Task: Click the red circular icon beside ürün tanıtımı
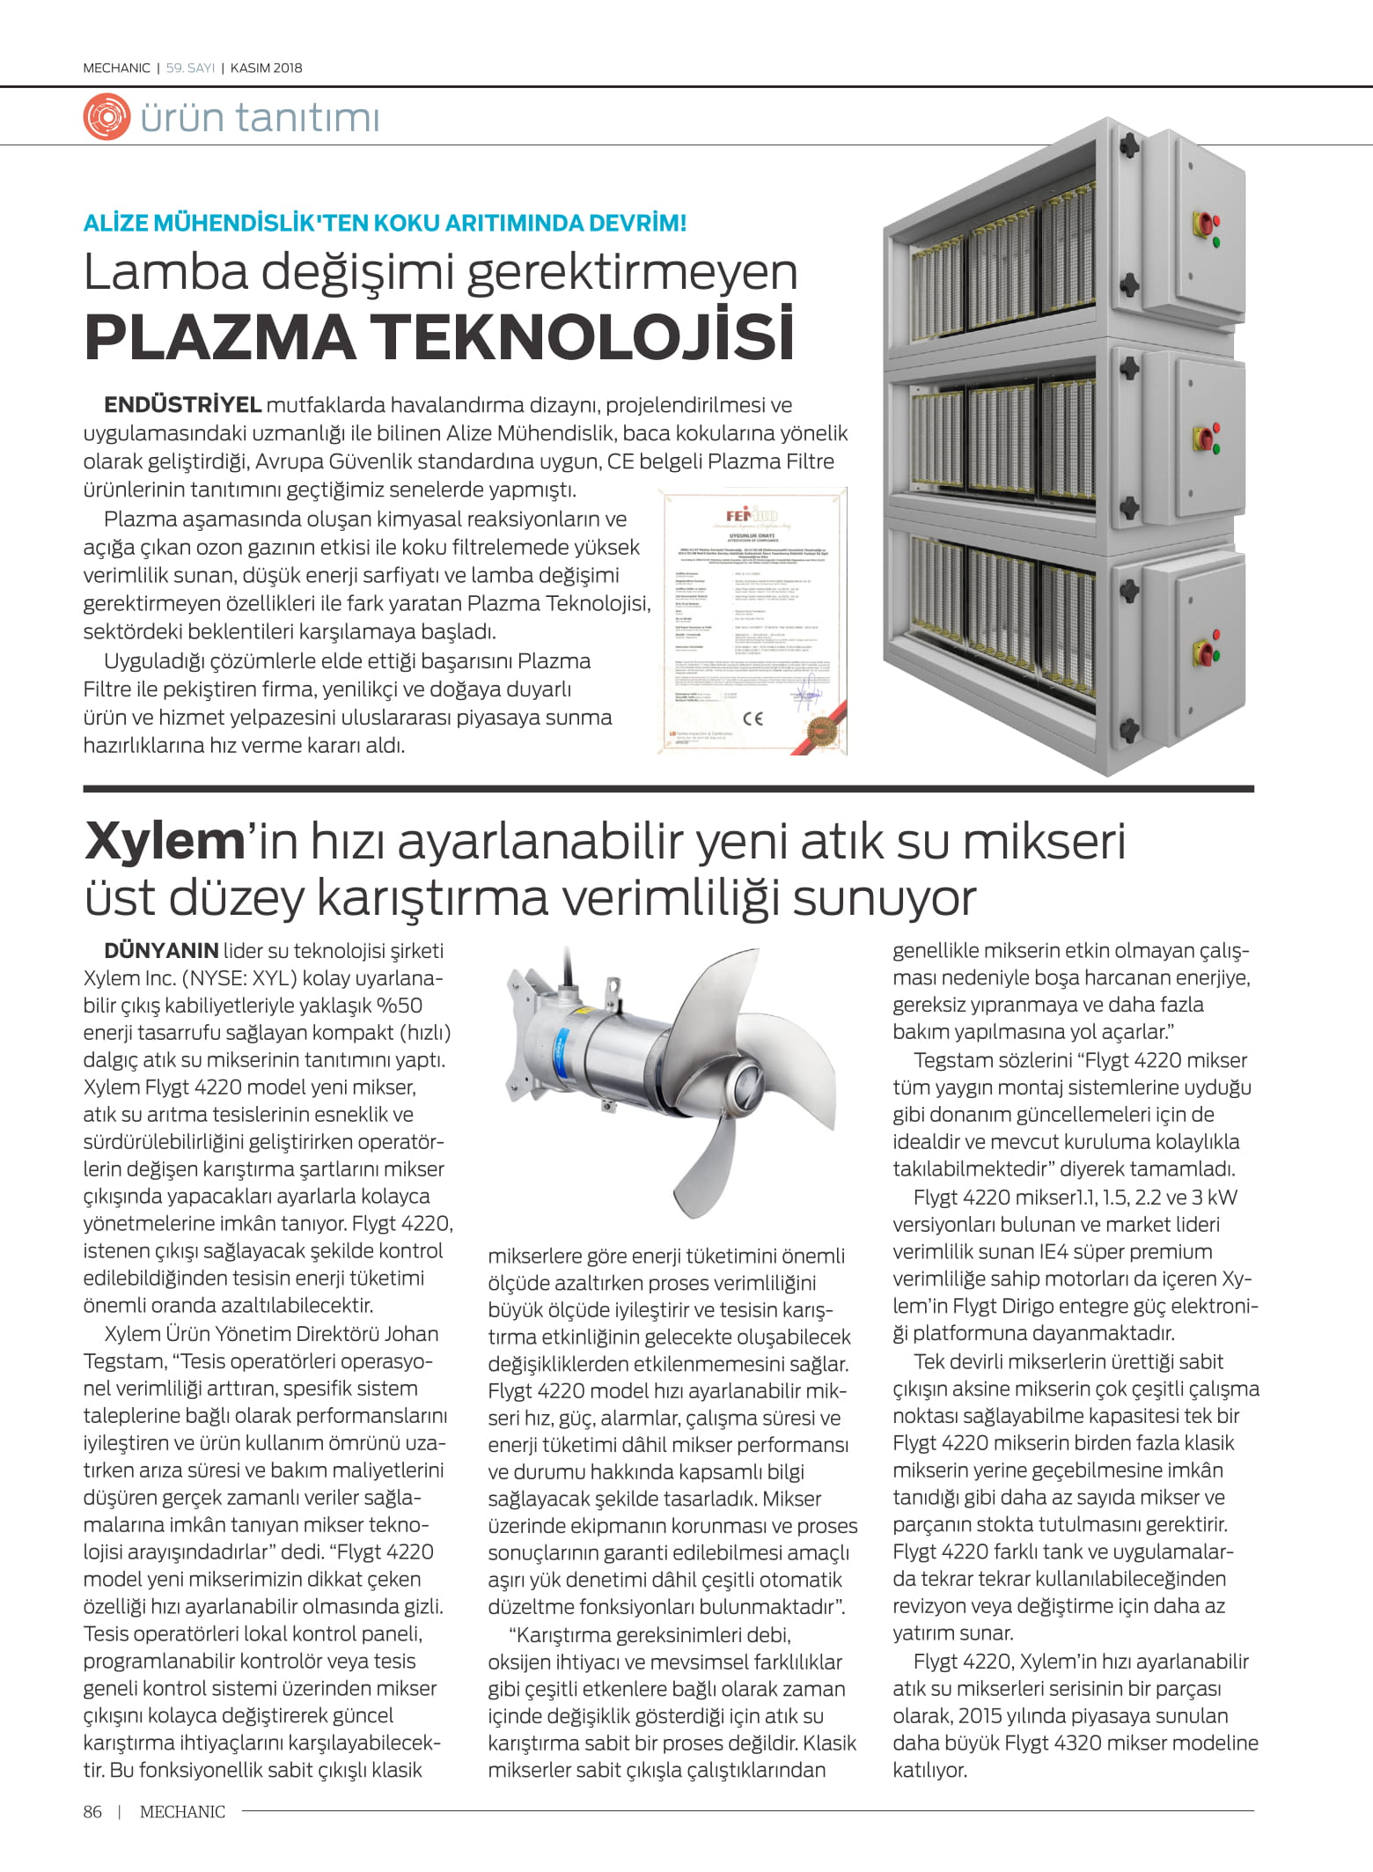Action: coord(106,118)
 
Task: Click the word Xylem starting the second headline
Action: coord(164,842)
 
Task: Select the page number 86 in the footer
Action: coord(92,1811)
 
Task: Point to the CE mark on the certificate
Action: coord(753,718)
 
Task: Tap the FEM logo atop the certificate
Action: coord(752,517)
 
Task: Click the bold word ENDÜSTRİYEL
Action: coord(182,405)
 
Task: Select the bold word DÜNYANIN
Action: coord(161,951)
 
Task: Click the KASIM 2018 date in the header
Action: coord(266,68)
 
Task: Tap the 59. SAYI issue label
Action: coord(190,68)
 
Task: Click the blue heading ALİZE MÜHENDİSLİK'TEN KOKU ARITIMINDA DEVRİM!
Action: coord(385,223)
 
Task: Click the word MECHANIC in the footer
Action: coord(182,1811)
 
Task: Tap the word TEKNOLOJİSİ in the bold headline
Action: coord(582,337)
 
